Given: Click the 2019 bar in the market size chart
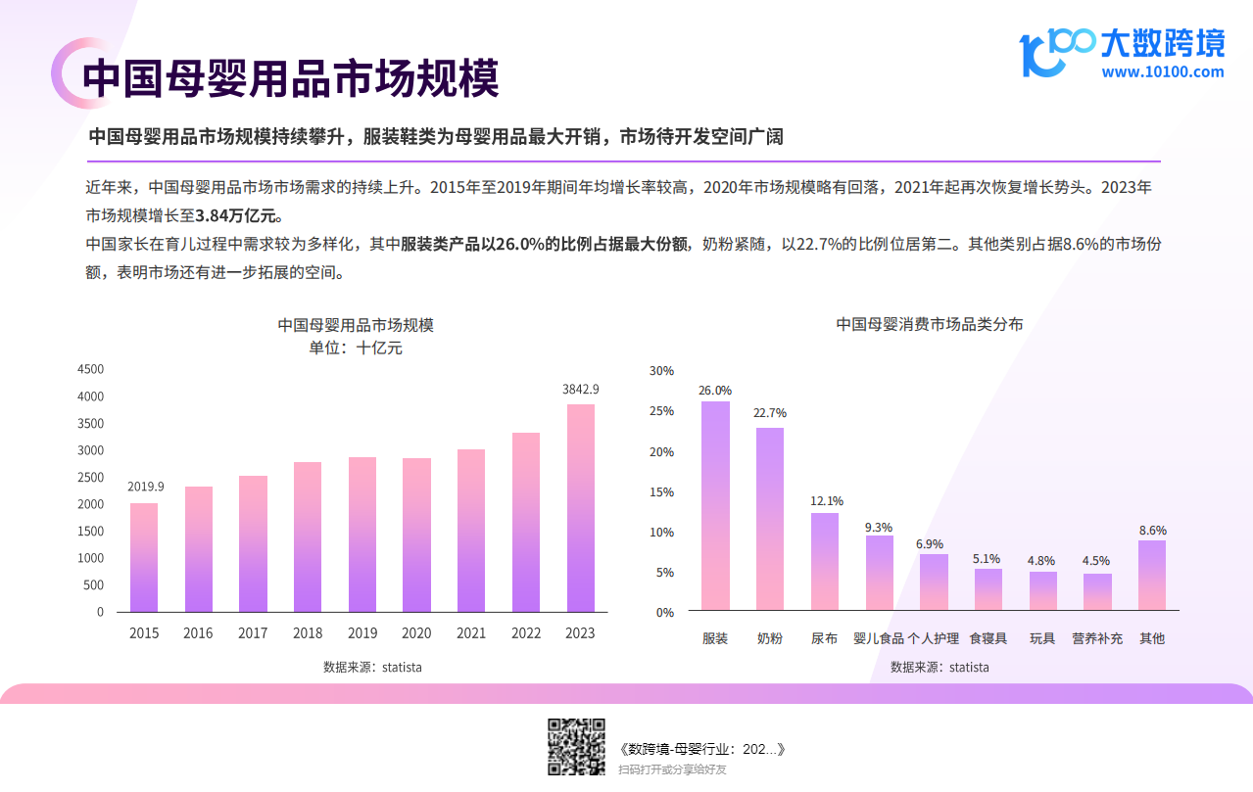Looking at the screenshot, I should pyautogui.click(x=361, y=535).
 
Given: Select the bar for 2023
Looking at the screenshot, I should pyautogui.click(x=580, y=508).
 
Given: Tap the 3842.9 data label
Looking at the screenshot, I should pyautogui.click(x=580, y=389).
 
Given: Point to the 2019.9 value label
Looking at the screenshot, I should pyautogui.click(x=146, y=487).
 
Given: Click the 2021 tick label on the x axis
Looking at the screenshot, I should pyautogui.click(x=471, y=633).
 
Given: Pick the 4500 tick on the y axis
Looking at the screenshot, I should pyautogui.click(x=90, y=369).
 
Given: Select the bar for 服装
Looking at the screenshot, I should pyautogui.click(x=715, y=506).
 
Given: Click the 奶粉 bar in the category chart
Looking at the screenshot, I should pyautogui.click(x=770, y=519).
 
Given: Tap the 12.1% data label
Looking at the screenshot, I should pyautogui.click(x=826, y=501).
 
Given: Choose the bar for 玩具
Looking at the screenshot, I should pyautogui.click(x=1042, y=591).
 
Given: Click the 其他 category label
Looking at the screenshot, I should pyautogui.click(x=1152, y=638).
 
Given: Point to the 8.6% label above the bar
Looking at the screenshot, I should pyautogui.click(x=1152, y=531).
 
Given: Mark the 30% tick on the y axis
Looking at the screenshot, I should pyautogui.click(x=662, y=371).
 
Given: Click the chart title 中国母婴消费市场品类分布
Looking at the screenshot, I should pyautogui.click(x=929, y=324).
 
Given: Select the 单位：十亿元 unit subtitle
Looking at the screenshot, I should pyautogui.click(x=356, y=348).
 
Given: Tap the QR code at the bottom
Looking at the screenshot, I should pyautogui.click(x=575, y=747).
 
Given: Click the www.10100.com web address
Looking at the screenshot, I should pyautogui.click(x=1162, y=71).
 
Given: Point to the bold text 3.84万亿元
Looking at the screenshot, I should pyautogui.click(x=238, y=214).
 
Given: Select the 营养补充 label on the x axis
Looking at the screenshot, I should pyautogui.click(x=1097, y=638).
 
